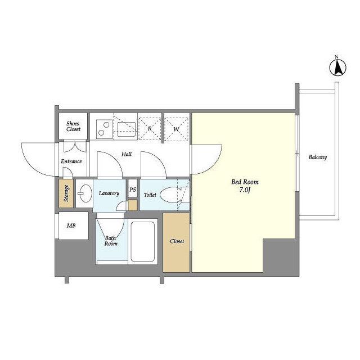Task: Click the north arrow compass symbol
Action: pos(337,67)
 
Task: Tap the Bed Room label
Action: pos(245,182)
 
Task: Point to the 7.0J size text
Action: pos(245,190)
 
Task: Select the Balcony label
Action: pos(317,157)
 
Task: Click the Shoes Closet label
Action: pos(73,126)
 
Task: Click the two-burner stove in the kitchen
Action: pos(105,129)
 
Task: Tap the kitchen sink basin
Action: pos(127,129)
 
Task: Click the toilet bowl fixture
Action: pos(171,195)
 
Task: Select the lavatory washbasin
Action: pos(84,193)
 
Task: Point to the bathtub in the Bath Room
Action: pos(142,241)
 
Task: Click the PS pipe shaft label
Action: pos(133,190)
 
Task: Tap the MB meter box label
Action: pos(71,226)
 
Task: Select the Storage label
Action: pos(66,193)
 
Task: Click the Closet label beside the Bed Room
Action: pos(177,241)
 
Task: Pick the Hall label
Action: pos(127,154)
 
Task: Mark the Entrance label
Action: pos(71,161)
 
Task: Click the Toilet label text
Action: pos(150,195)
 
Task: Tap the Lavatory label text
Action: pos(109,193)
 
